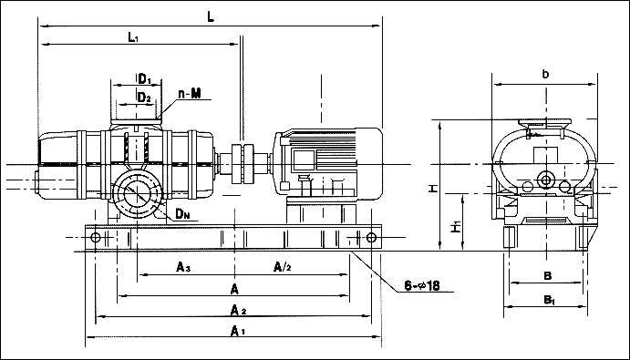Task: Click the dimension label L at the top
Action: (x=211, y=16)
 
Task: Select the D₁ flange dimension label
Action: (x=144, y=79)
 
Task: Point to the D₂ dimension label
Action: (x=144, y=98)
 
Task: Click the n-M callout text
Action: (x=190, y=94)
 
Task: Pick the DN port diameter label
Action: (x=182, y=214)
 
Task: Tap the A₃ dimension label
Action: (x=183, y=267)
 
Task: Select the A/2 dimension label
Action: (x=282, y=267)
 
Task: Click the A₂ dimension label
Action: (x=238, y=310)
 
